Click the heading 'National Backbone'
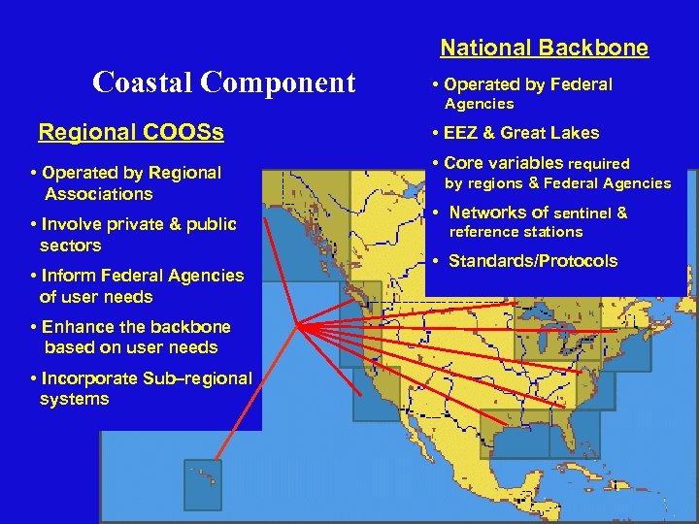pos(544,48)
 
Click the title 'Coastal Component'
pos(223,82)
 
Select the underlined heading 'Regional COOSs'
pos(130,132)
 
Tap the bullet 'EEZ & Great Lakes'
pos(521,133)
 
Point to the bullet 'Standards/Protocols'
pos(532,261)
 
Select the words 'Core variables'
pos(503,163)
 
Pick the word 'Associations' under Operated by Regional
pos(98,194)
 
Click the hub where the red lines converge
pos(299,326)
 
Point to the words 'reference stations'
pos(515,232)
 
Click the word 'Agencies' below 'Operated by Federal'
pos(479,104)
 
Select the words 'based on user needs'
pos(131,347)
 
